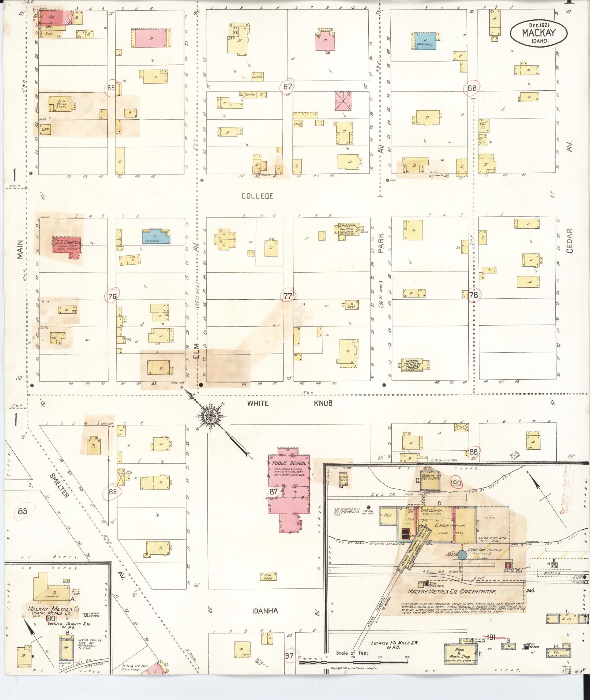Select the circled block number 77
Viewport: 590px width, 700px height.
288,296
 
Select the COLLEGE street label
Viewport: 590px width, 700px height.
257,196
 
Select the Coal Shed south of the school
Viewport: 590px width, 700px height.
268,577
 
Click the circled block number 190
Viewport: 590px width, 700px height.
456,483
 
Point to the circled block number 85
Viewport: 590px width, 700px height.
23,511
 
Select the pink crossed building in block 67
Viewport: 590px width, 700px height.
343,100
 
